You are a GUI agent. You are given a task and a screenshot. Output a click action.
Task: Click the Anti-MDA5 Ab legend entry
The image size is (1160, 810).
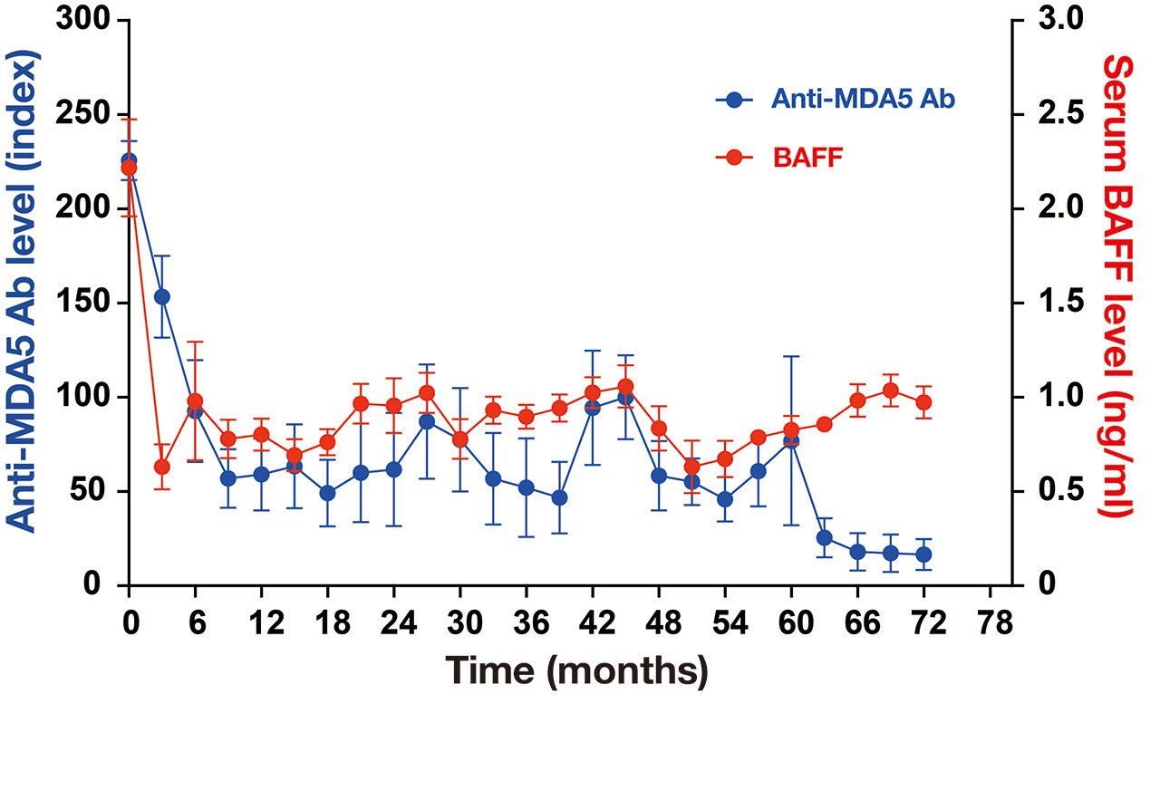pyautogui.click(x=835, y=99)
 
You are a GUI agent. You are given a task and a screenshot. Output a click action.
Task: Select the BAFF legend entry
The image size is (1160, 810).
pyautogui.click(x=779, y=157)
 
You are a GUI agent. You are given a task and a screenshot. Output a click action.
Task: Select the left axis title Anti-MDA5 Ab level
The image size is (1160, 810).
pyautogui.click(x=25, y=290)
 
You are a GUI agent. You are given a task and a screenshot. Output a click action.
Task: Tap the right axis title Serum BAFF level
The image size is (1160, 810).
pyautogui.click(x=1118, y=285)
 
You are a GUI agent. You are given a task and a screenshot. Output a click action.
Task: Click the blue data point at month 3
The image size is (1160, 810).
pyautogui.click(x=162, y=296)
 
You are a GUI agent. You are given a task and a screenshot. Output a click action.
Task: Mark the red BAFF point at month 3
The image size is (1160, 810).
pyautogui.click(x=162, y=467)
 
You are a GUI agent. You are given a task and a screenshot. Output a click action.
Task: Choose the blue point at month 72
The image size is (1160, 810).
pyautogui.click(x=923, y=554)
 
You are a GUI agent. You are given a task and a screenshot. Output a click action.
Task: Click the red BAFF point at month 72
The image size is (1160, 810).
pyautogui.click(x=923, y=402)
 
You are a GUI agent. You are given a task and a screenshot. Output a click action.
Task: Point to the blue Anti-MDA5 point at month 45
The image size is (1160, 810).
pyautogui.click(x=625, y=398)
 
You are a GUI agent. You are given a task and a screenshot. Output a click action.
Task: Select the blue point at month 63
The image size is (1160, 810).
pyautogui.click(x=824, y=537)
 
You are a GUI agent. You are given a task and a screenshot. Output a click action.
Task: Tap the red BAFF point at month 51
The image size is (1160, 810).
pyautogui.click(x=691, y=467)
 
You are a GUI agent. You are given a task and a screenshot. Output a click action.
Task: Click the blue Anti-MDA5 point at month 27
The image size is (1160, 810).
pyautogui.click(x=427, y=421)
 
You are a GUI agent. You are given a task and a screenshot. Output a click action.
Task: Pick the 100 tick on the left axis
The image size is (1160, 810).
pyautogui.click(x=91, y=397)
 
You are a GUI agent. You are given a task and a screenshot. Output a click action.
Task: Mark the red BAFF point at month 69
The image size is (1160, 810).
pyautogui.click(x=890, y=391)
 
